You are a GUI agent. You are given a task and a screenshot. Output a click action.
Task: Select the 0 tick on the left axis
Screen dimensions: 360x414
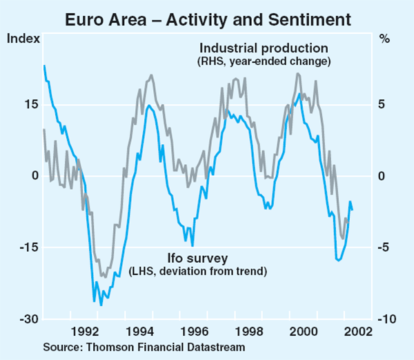pyautogui.click(x=32, y=176)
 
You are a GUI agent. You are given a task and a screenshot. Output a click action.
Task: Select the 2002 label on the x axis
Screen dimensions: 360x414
pyautogui.click(x=358, y=330)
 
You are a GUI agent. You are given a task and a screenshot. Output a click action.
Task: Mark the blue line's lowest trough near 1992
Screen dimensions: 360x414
pyautogui.click(x=101, y=305)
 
